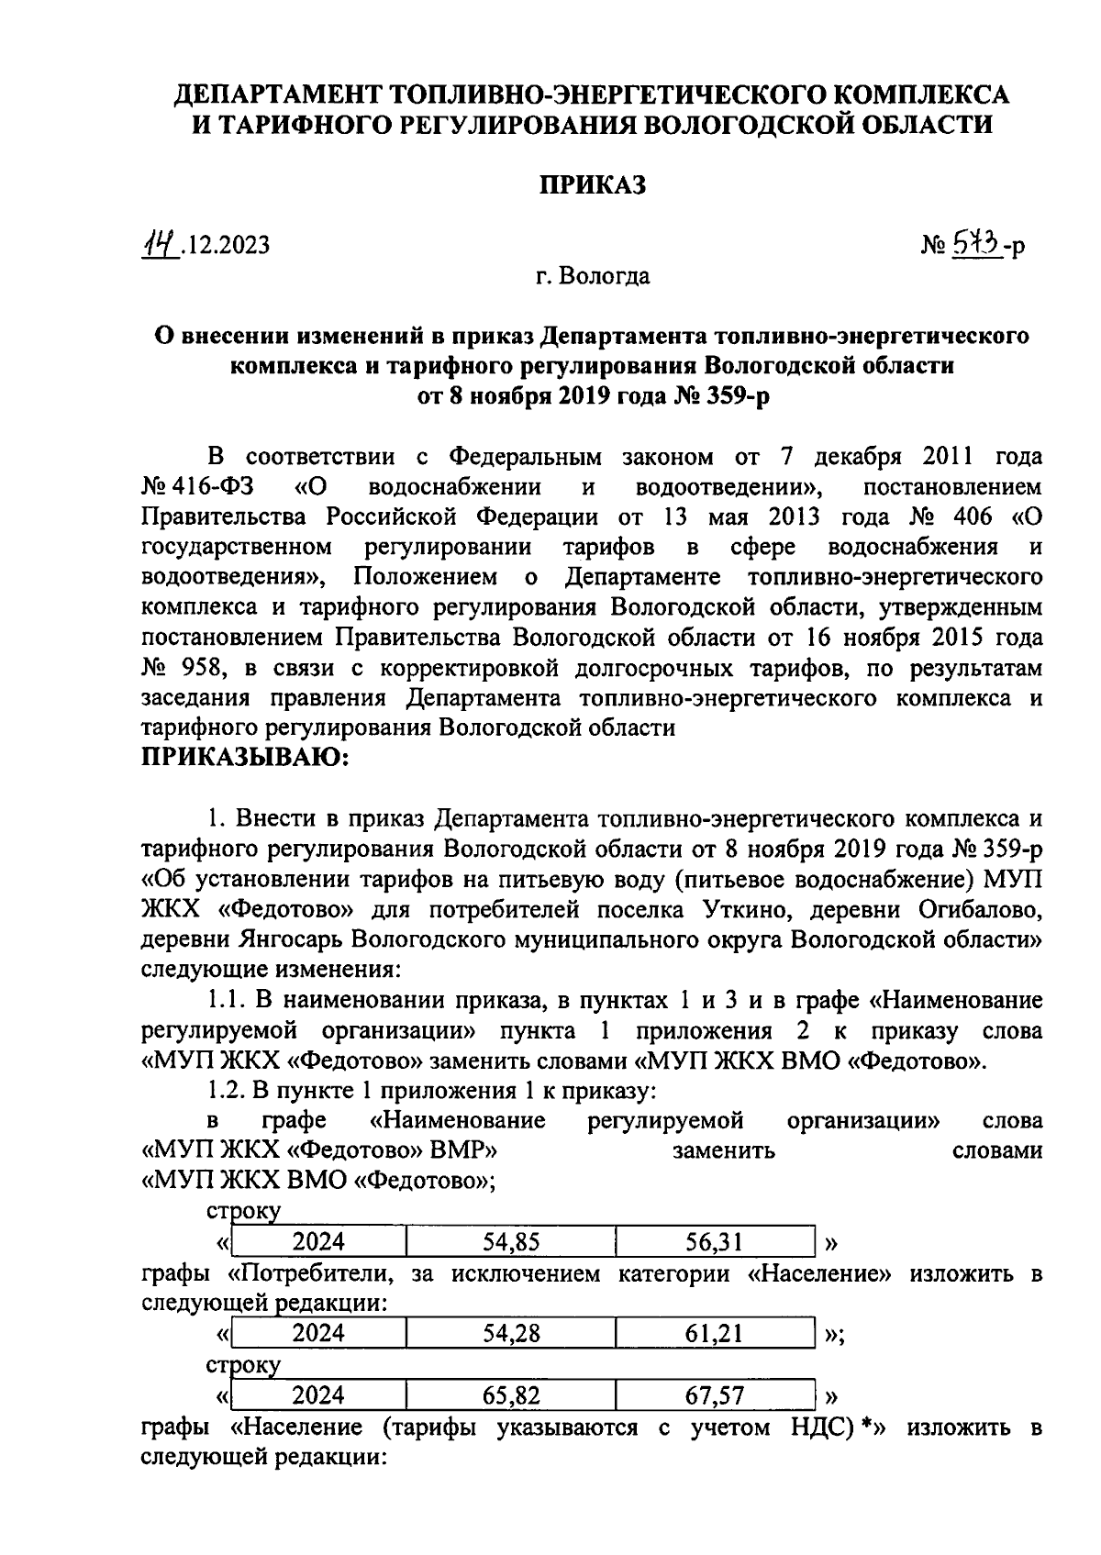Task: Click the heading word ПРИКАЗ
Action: point(591,184)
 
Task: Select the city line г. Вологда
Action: point(592,275)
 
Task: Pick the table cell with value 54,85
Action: point(511,1242)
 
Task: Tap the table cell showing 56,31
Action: point(715,1242)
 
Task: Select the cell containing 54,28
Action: point(511,1333)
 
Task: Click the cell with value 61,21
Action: point(715,1333)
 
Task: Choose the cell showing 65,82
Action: point(511,1395)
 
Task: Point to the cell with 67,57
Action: point(715,1395)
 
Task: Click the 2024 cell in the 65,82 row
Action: point(318,1395)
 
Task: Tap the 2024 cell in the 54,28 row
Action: point(318,1333)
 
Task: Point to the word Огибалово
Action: point(975,909)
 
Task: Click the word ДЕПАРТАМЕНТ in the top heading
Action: point(277,94)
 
